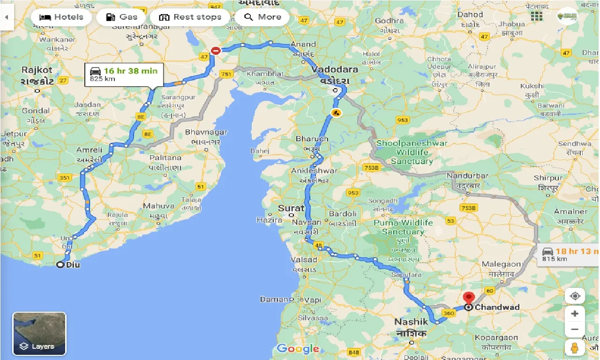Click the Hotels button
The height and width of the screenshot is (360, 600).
click(x=61, y=17)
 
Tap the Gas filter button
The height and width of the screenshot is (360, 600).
click(x=121, y=17)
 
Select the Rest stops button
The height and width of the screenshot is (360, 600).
click(x=190, y=17)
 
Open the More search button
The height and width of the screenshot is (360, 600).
click(x=262, y=17)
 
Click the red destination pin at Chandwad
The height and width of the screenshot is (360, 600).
click(x=468, y=299)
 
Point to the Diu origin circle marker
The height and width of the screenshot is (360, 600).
click(x=60, y=265)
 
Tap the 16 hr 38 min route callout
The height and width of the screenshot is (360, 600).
click(x=124, y=74)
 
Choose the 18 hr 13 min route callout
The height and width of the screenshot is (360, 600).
click(x=568, y=255)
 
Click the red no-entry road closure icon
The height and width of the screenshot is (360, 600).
click(x=216, y=50)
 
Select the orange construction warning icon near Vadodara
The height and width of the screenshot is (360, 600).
click(x=336, y=112)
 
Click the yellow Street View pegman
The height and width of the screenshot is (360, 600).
click(x=575, y=347)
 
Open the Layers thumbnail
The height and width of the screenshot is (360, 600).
click(x=39, y=334)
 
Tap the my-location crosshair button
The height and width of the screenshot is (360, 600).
click(x=575, y=296)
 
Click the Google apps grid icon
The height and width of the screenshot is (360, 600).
click(x=537, y=16)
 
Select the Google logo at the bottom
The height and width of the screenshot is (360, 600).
click(x=298, y=348)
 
